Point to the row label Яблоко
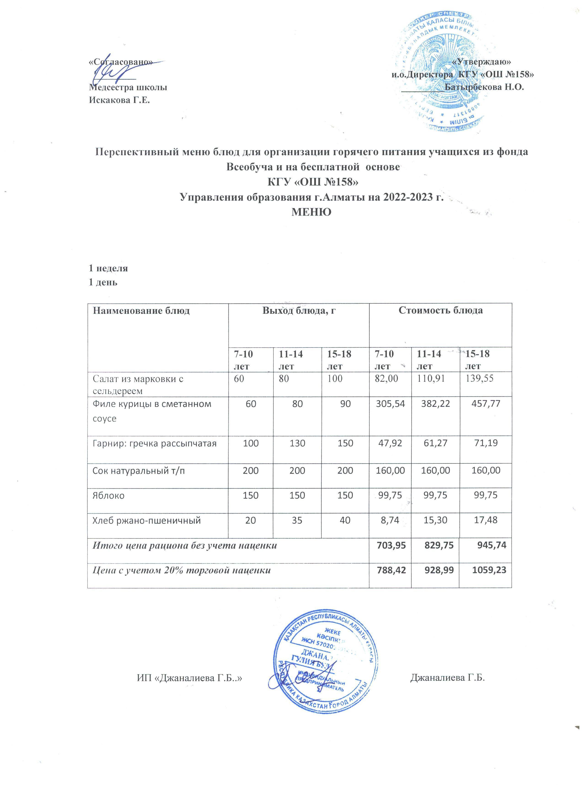pyautogui.click(x=109, y=495)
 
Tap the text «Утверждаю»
pyautogui.click(x=481, y=61)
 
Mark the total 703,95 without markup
pyautogui.click(x=390, y=545)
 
